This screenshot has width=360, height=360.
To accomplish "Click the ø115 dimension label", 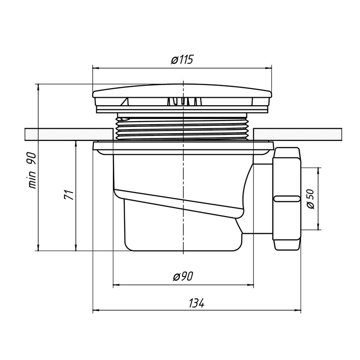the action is point(182,60).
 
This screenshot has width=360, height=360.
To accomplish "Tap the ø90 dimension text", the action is point(183,276).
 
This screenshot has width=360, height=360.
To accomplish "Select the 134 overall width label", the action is point(197,303).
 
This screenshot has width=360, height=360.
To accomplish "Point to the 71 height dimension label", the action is point(69,195).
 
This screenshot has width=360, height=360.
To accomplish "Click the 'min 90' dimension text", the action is point(32,171).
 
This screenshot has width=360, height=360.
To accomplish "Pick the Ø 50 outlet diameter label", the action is point(310,199).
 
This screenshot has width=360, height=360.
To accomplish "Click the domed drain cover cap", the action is point(182,91).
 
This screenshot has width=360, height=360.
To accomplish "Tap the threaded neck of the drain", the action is point(184,128).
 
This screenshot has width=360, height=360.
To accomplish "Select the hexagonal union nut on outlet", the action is point(287,199).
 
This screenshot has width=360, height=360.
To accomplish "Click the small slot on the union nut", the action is point(287,199).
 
